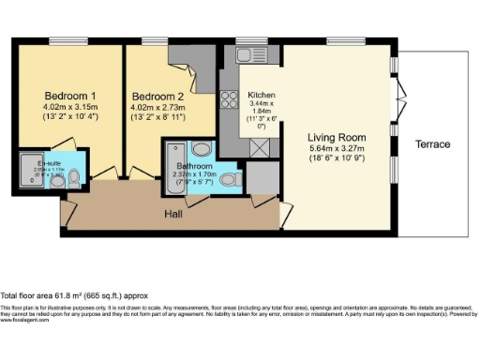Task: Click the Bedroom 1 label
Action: point(70,96)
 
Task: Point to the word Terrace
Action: point(431,144)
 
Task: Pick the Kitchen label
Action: point(262,96)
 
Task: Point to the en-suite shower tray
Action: point(27,170)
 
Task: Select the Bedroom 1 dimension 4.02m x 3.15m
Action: point(70,107)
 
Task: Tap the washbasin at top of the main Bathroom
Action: point(200,148)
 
